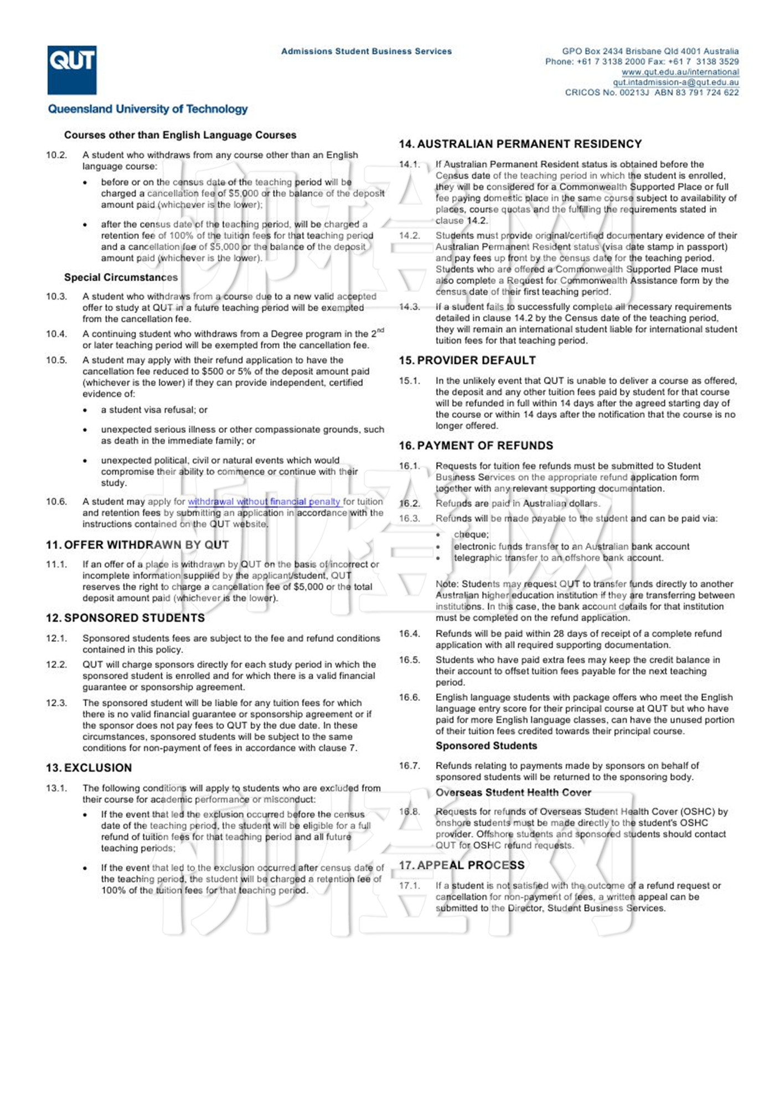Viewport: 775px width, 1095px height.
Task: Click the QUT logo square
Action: [71, 70]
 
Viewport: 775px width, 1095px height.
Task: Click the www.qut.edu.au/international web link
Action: [680, 72]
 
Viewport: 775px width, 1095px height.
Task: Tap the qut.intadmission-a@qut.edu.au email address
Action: [675, 82]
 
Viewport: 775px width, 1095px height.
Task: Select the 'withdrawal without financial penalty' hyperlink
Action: [264, 502]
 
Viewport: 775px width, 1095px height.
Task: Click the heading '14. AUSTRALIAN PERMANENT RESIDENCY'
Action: [520, 144]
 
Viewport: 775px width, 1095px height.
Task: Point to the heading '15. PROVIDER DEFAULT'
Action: [467, 360]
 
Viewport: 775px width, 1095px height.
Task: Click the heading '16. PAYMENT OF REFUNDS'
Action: [476, 446]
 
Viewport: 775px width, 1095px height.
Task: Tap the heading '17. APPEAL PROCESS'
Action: [462, 865]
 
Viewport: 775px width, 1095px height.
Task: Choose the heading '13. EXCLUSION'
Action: [89, 768]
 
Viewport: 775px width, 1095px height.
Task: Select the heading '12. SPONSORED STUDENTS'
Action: [125, 618]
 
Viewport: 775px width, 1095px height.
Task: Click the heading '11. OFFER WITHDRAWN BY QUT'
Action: [137, 545]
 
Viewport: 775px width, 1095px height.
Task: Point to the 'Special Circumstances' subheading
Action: [121, 277]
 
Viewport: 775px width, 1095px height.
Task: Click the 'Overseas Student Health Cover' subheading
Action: [513, 792]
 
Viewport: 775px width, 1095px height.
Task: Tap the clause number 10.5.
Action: [56, 360]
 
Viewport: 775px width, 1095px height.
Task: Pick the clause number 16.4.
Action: [410, 634]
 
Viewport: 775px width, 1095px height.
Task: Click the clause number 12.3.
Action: [56, 703]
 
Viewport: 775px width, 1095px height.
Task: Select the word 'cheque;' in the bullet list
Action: [471, 535]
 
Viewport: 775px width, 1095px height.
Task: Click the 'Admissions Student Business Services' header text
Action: [366, 51]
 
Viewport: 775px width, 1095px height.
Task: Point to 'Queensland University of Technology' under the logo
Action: [148, 109]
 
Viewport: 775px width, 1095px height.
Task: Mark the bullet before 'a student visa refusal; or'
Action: [85, 411]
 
